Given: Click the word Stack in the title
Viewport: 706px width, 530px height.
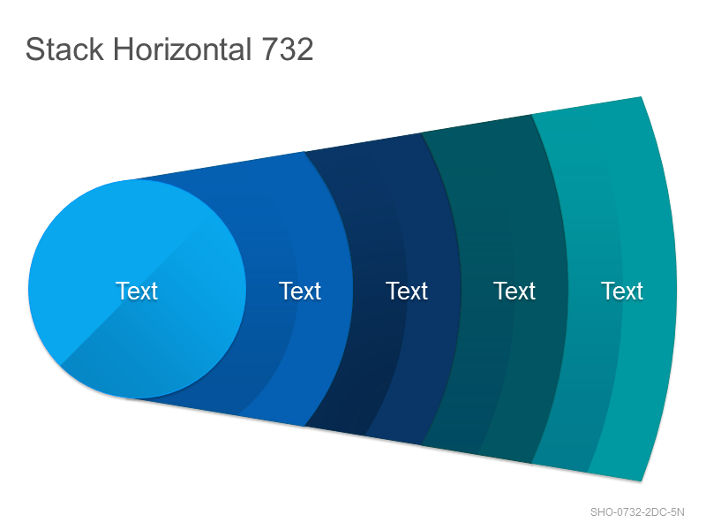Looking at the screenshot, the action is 64,49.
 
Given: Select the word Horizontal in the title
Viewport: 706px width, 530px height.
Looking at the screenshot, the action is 182,49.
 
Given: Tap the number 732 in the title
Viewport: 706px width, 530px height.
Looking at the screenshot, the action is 288,49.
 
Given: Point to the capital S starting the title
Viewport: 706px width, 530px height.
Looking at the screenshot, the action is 34,49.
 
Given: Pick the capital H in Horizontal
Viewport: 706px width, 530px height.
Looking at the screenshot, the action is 123,49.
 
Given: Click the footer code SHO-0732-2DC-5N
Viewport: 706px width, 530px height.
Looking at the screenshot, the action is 637,512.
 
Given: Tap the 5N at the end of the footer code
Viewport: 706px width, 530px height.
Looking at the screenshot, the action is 677,512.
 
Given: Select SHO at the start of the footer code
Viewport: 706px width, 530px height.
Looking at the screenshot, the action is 601,512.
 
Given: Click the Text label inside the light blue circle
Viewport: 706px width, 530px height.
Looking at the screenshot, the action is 137,291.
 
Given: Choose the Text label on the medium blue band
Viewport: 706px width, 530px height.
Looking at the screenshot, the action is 300,291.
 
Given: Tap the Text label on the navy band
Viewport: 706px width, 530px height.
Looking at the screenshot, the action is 407,291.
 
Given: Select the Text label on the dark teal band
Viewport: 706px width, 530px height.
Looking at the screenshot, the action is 514,291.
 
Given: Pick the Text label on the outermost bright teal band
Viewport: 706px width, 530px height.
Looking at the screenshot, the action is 622,291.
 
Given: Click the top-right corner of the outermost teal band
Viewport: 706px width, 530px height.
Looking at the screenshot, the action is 642,96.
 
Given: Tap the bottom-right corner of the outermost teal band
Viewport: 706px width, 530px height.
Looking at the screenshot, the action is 642,481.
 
